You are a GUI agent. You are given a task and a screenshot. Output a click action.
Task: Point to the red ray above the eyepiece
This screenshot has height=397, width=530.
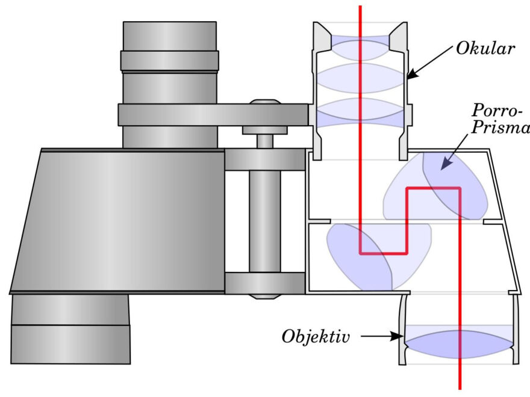click(360, 12)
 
